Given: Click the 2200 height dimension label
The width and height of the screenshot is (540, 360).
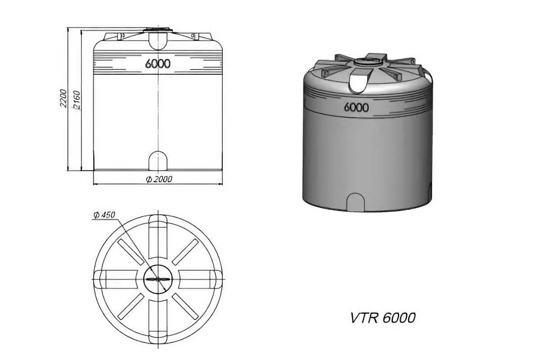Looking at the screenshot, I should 63,99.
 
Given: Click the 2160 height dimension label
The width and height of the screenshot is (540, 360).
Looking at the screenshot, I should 76,100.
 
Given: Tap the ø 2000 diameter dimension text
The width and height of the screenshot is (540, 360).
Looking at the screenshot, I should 159,180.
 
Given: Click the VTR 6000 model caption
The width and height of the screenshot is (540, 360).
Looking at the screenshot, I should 382,318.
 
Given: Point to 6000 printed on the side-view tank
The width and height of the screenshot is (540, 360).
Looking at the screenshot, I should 158,64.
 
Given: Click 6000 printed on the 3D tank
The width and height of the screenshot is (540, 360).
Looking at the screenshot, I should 356,108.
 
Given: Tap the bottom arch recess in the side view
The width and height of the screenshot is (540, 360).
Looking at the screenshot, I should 158,161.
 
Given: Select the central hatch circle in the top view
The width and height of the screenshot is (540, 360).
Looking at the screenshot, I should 158,279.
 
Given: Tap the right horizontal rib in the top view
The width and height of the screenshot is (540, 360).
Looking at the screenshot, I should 200,279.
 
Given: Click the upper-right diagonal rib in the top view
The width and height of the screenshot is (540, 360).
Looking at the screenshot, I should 185,252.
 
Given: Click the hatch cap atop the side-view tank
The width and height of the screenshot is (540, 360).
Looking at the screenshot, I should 158,31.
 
